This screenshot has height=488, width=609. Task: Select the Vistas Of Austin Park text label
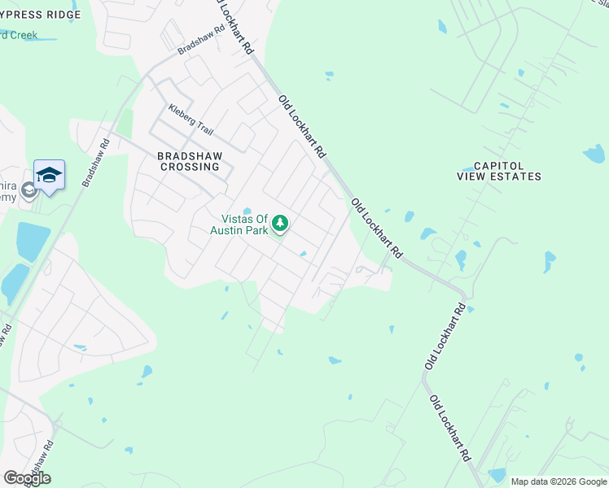244,224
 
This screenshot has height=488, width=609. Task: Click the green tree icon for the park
280,222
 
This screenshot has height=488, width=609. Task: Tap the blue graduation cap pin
49,174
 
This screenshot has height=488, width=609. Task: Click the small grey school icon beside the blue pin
28,190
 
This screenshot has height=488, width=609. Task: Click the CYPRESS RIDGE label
41,15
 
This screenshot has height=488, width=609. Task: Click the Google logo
27,477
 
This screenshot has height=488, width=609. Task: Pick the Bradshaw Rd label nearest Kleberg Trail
201,39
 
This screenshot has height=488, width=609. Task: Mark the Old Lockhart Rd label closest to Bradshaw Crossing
302,126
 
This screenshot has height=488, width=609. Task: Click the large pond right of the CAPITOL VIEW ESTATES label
594,153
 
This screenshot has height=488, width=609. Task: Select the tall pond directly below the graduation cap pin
33,241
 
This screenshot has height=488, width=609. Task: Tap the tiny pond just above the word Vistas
247,211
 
